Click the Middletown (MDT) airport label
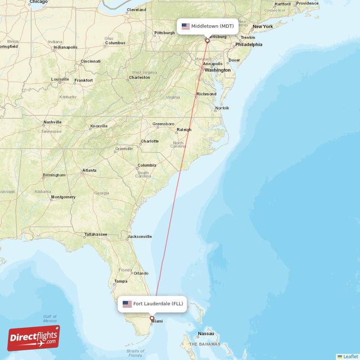[x=207, y=26]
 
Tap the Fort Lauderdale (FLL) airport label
[x=152, y=304]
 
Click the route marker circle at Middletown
[x=207, y=41]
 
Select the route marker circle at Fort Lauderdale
[x=152, y=319]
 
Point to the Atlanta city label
[x=89, y=171]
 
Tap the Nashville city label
[x=52, y=122]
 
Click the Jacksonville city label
[x=139, y=237]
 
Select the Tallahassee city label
[x=96, y=234]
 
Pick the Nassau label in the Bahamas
[x=206, y=334]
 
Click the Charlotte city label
[x=149, y=141]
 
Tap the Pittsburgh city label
[x=164, y=33]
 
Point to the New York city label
[x=263, y=27]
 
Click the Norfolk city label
[x=222, y=108]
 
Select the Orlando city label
[x=141, y=273]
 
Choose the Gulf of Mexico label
[x=50, y=318]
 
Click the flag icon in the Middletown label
[x=186, y=26]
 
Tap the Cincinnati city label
[x=90, y=61]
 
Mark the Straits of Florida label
[x=135, y=354]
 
